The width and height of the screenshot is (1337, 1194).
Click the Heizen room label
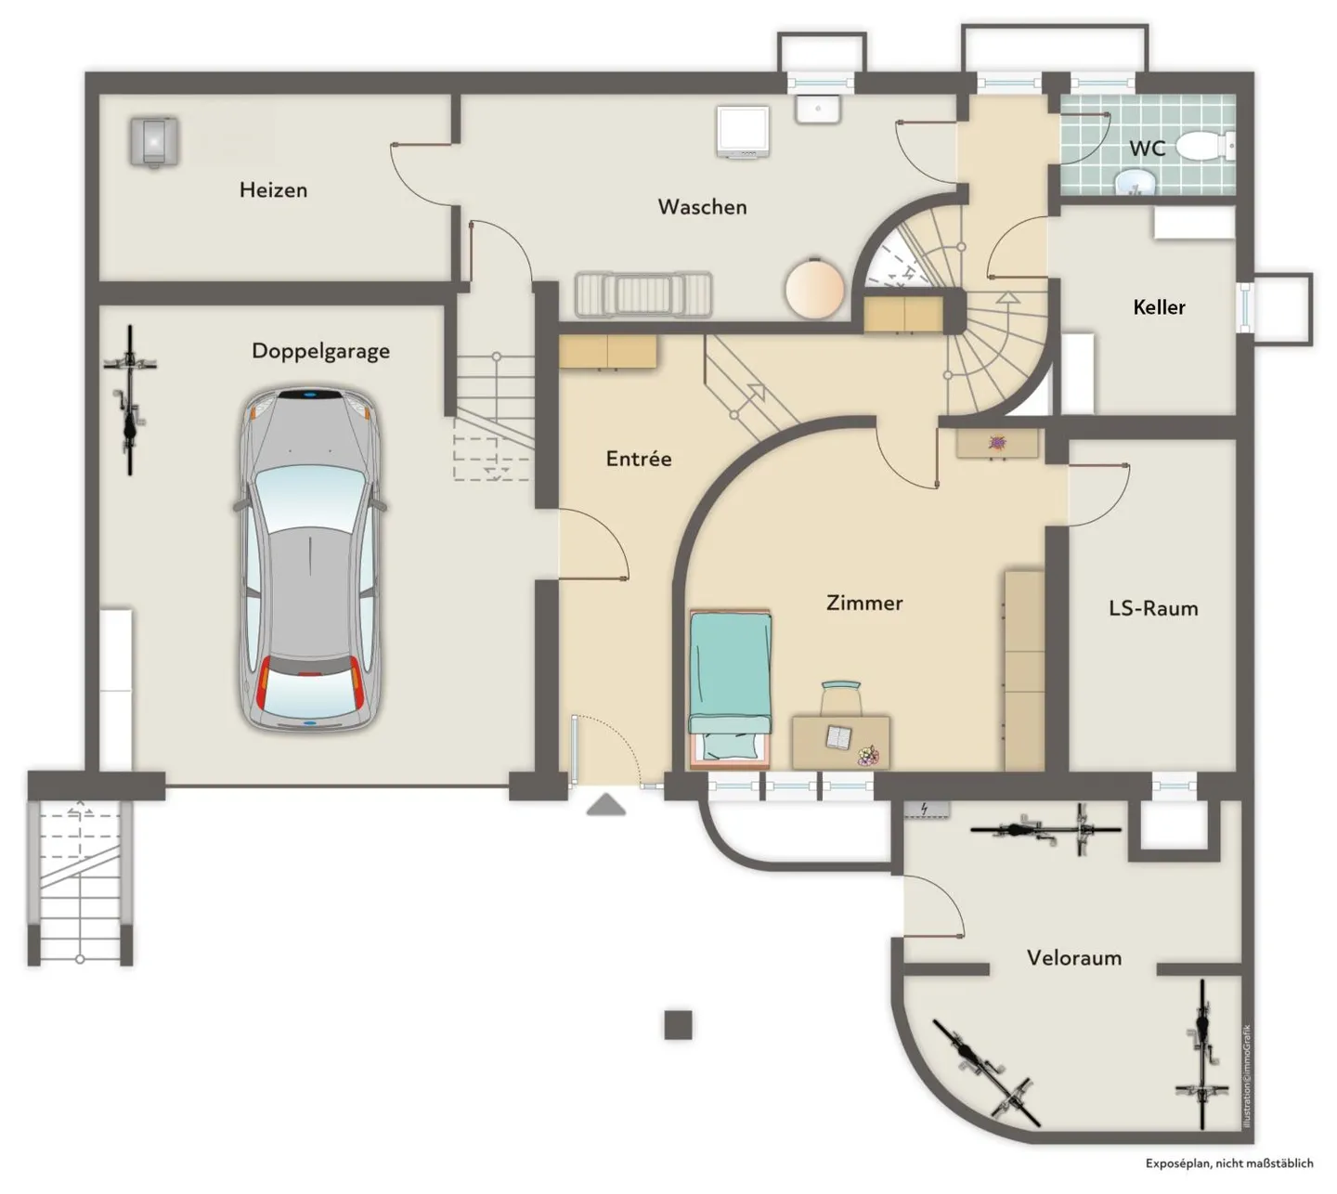273,190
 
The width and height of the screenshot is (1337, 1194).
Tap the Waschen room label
702,207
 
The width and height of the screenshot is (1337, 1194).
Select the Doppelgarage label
320,351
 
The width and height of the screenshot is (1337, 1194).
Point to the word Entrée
639,458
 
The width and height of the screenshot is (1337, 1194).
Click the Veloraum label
1074,958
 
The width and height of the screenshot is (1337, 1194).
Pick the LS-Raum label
1153,608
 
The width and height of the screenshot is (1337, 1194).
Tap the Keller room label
1159,307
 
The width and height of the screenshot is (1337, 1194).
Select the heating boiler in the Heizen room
154,142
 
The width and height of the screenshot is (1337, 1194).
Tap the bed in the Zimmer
730,688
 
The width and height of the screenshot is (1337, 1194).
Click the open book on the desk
838,737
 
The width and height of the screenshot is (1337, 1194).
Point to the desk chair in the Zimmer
841,698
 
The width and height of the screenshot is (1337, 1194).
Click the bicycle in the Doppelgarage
130,400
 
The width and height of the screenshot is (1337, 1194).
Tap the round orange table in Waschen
815,288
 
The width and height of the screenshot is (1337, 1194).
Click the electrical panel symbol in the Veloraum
926,810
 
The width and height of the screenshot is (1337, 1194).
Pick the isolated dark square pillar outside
678,1025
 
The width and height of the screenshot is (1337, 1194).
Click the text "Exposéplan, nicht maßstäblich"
1229,1163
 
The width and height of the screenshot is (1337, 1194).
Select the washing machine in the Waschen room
743,132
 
